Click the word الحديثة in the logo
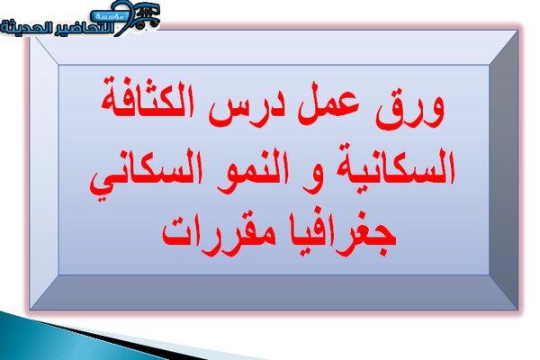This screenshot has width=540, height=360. click(x=25, y=28)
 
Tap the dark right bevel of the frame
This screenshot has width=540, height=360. click(x=503, y=170)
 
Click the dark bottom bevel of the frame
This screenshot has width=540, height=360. click(x=274, y=292)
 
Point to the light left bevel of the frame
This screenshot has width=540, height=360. click(x=44, y=170)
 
